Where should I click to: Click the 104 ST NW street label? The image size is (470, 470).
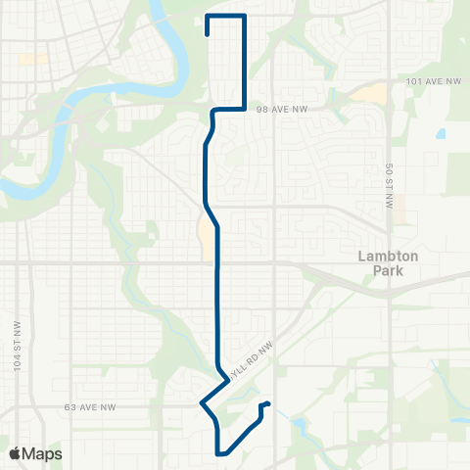pos(18,344)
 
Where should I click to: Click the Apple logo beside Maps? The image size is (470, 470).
pos(15,453)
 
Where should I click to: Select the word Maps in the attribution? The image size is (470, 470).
pos(42,453)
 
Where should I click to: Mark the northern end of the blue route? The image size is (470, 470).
pos(208,34)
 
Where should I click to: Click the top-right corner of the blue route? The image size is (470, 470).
pos(243,17)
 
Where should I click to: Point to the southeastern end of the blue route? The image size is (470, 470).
pos(268,403)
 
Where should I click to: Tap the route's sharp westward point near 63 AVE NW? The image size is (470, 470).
pos(201,403)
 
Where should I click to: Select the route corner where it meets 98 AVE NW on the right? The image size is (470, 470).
pos(243,109)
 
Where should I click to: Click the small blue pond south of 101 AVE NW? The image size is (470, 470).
pos(442,133)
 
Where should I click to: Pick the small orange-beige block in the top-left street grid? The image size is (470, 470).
pos(32,59)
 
